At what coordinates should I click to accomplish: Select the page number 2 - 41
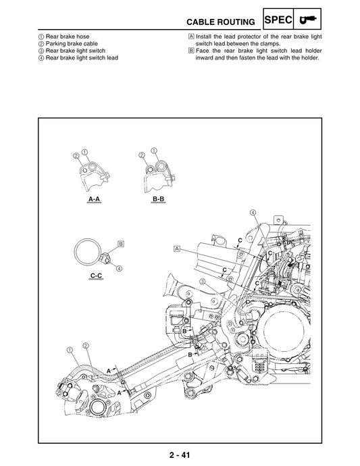(179, 455)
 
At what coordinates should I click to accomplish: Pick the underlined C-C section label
(96, 277)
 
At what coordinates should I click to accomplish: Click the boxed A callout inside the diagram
(177, 249)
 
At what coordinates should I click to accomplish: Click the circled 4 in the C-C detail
(119, 267)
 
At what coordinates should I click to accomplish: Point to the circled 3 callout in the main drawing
(202, 281)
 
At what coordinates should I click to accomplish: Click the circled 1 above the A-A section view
(84, 151)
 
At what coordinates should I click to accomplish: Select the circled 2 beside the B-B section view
(142, 155)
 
